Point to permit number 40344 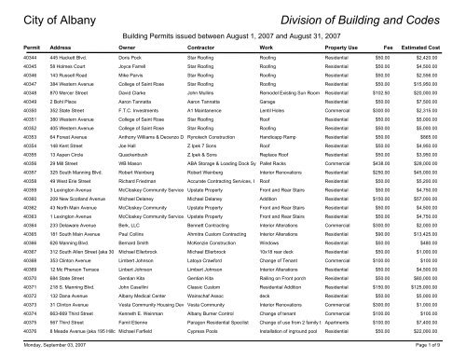coord(16,59)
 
